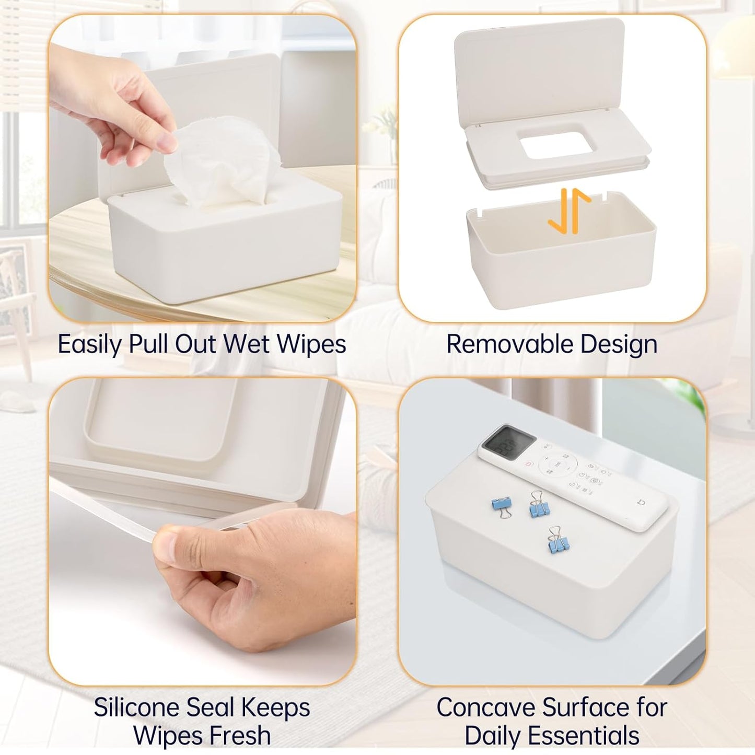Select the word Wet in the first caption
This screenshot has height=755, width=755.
(246, 344)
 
